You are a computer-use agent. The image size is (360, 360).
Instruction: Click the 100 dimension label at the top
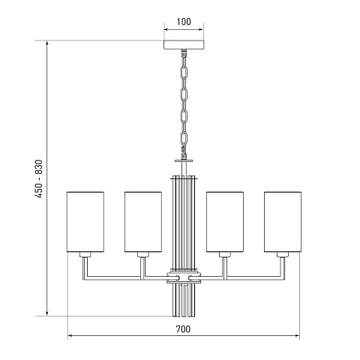point(184,22)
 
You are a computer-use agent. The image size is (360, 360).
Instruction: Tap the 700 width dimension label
point(183,329)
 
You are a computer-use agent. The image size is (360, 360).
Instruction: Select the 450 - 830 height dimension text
point(39,178)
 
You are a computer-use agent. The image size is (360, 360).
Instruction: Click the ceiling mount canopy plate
point(184,44)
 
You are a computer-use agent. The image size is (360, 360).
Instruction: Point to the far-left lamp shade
point(85,222)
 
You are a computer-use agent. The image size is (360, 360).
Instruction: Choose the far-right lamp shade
point(283,222)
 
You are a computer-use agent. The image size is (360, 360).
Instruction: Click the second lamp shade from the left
point(143,222)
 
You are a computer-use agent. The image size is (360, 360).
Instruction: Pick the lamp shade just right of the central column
point(225,222)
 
